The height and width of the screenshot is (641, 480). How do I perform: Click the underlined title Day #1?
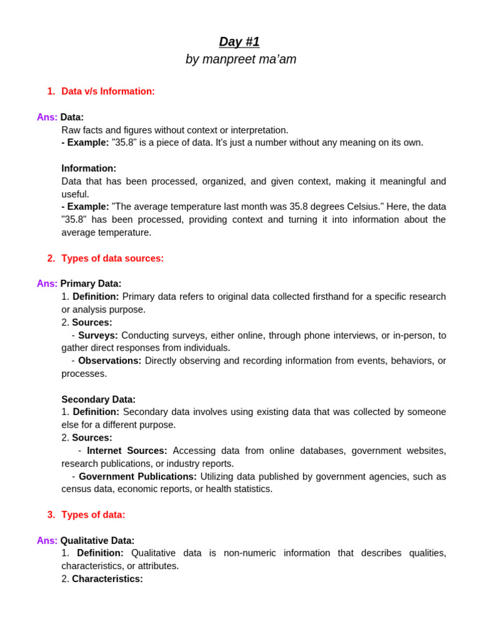tap(239, 42)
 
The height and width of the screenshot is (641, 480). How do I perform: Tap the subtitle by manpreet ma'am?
tap(241, 59)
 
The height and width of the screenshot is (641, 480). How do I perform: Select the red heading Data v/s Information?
tap(108, 91)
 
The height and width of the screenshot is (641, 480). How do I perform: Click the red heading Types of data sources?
tap(112, 259)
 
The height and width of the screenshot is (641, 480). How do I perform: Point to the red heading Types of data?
tap(93, 515)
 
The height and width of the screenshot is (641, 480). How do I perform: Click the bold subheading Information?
tap(89, 168)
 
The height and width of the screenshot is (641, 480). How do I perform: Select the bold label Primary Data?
tap(91, 284)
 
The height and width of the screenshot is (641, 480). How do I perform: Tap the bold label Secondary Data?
tap(98, 399)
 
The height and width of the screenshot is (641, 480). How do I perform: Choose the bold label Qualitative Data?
tap(97, 541)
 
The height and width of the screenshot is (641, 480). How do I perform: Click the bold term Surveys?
tap(98, 336)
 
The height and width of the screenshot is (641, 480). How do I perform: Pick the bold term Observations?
tap(109, 361)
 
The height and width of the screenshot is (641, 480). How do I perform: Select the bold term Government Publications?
tap(137, 476)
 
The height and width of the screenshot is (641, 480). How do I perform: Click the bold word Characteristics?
tap(107, 579)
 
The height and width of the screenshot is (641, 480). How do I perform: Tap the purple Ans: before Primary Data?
tap(47, 284)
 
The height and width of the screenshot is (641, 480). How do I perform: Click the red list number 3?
tap(51, 515)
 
